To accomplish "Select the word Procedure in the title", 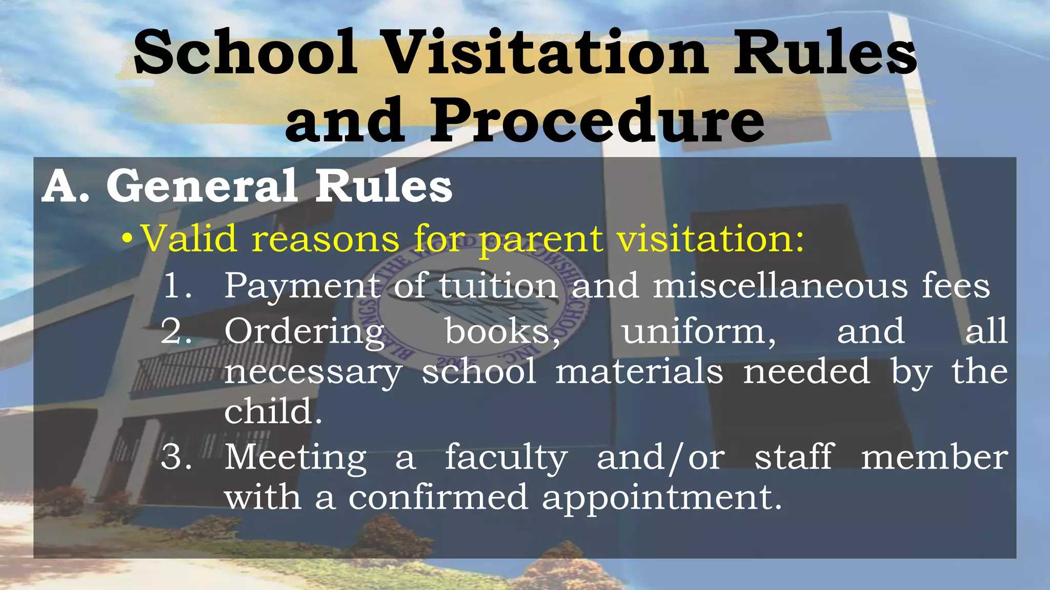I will pyautogui.click(x=598, y=121).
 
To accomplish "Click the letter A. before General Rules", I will pyautogui.click(x=66, y=186).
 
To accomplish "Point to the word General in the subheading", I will pyautogui.click(x=201, y=186).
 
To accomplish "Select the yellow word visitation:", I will pyautogui.click(x=711, y=239).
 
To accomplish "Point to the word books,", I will pyautogui.click(x=502, y=331).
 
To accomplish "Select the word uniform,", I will pyautogui.click(x=699, y=331).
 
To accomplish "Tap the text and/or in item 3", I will pyautogui.click(x=661, y=457).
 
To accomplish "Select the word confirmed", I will pyautogui.click(x=438, y=497).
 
